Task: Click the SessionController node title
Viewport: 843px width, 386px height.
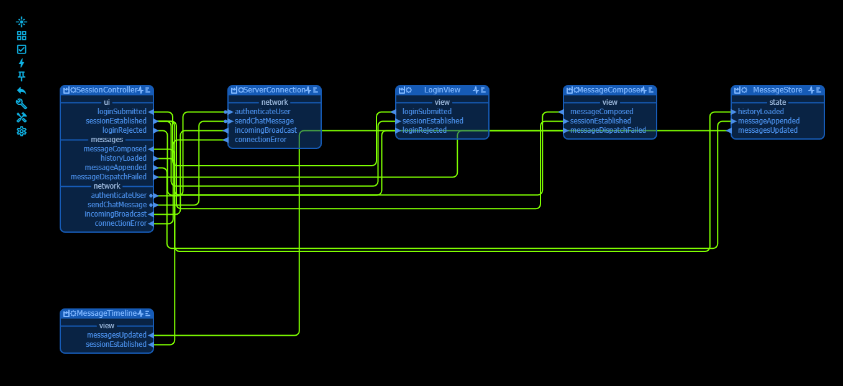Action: pos(106,91)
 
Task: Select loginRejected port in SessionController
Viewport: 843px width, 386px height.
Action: pos(124,130)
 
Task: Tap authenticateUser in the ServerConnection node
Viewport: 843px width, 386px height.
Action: pos(262,112)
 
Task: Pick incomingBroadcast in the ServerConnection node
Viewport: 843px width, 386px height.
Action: pos(265,130)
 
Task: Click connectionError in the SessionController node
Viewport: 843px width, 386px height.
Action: pos(121,223)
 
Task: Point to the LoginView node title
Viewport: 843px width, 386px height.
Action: pos(442,91)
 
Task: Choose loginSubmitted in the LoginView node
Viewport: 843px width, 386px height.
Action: pos(427,112)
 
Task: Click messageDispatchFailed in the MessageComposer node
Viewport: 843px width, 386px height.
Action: pos(608,130)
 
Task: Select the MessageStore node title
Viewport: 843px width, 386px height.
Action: pos(777,91)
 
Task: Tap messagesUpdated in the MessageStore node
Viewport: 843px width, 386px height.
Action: pos(767,130)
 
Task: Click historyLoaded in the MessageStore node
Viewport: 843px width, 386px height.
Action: pos(760,112)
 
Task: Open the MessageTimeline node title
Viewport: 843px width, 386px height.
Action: pos(106,314)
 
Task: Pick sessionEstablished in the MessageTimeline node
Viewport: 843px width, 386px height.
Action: pos(116,344)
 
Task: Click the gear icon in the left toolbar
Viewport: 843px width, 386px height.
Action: pos(22,131)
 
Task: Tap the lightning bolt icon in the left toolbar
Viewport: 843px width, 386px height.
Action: pos(22,63)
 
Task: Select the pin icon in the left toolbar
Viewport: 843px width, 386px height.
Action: pos(22,76)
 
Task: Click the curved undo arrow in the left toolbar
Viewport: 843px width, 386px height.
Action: pos(22,90)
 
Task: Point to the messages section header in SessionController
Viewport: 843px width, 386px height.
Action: pos(107,140)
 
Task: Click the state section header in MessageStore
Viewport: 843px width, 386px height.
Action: pos(777,102)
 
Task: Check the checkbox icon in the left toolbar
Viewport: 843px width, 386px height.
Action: pos(22,49)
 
